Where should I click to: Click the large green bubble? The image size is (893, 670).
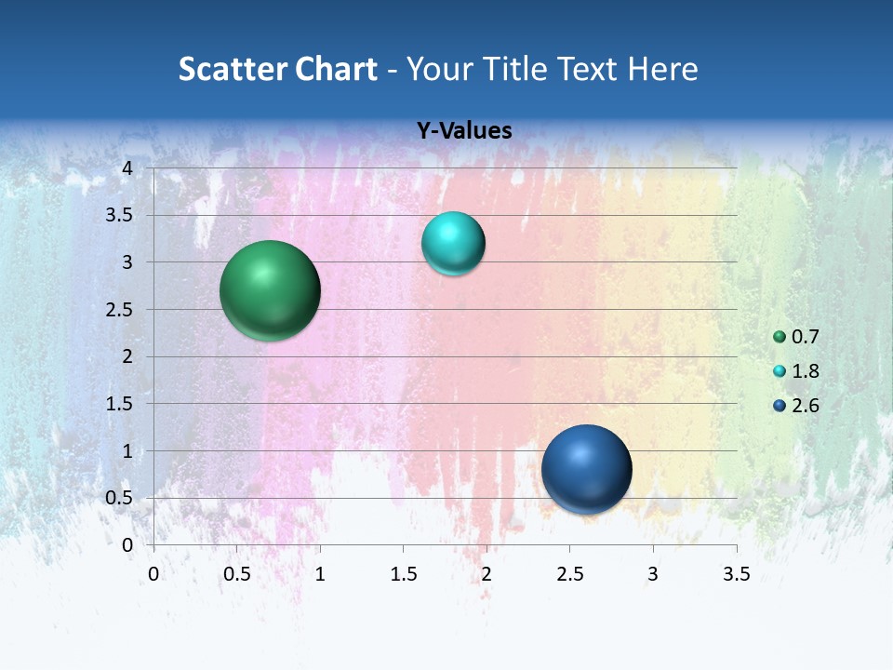(x=270, y=290)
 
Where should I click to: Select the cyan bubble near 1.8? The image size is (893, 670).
(x=453, y=244)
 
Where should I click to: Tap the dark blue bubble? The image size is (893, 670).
(x=586, y=469)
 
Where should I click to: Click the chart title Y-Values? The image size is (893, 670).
(x=464, y=131)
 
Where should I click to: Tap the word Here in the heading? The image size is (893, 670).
(x=663, y=69)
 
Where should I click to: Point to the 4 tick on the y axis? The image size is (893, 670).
(x=127, y=167)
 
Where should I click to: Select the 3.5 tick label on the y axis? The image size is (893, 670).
(x=120, y=215)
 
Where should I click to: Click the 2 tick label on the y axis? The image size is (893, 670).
(x=127, y=356)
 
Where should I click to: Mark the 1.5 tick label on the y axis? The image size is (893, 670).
(x=120, y=404)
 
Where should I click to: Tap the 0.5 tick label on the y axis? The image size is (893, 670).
(x=120, y=498)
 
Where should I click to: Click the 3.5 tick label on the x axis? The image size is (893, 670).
(x=736, y=574)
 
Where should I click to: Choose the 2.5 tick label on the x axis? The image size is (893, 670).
(x=569, y=574)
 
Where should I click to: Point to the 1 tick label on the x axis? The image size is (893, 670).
(x=320, y=574)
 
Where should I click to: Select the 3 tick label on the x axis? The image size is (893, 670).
(x=653, y=574)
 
